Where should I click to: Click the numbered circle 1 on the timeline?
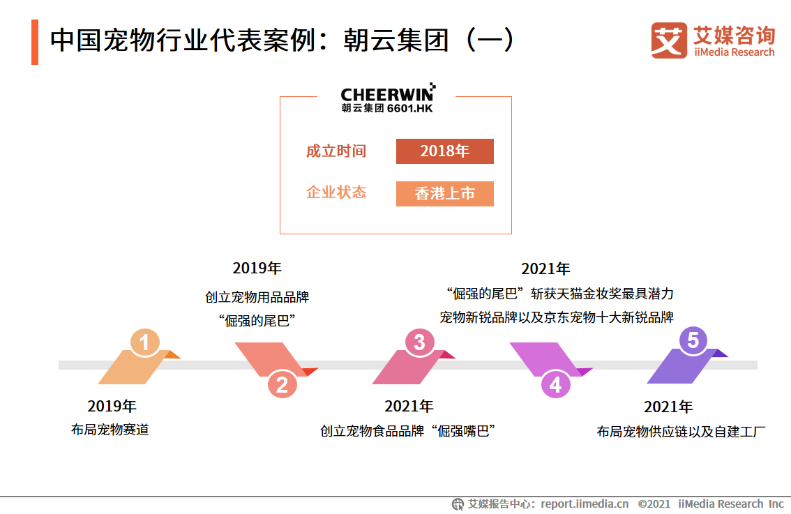(x=145, y=342)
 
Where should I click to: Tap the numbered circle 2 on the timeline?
(x=282, y=384)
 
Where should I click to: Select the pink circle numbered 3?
(x=419, y=342)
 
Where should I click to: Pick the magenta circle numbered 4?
(x=556, y=384)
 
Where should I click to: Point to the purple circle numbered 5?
(x=693, y=340)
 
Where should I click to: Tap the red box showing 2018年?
(x=444, y=151)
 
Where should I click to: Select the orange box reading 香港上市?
(x=444, y=194)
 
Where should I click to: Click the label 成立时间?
(x=336, y=151)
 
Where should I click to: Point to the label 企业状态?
(x=336, y=192)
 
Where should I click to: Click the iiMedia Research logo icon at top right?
(x=668, y=40)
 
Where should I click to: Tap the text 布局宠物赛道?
(x=110, y=430)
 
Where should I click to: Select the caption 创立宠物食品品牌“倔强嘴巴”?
(x=407, y=431)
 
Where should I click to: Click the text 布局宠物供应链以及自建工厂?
(x=681, y=432)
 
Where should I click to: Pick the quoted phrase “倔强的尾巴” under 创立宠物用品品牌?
(x=257, y=321)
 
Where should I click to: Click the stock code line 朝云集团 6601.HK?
(x=387, y=108)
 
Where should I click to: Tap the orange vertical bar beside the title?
(x=35, y=42)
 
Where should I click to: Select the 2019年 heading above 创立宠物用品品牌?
(x=257, y=269)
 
